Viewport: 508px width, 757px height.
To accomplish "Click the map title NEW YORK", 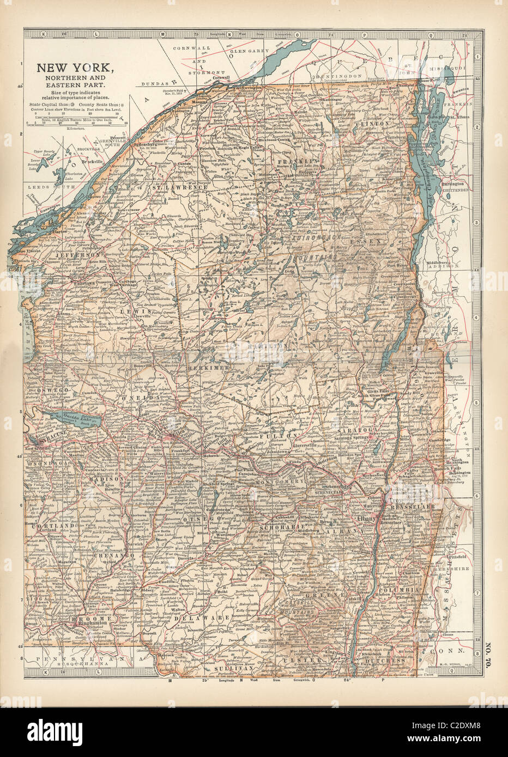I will click(75, 69).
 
